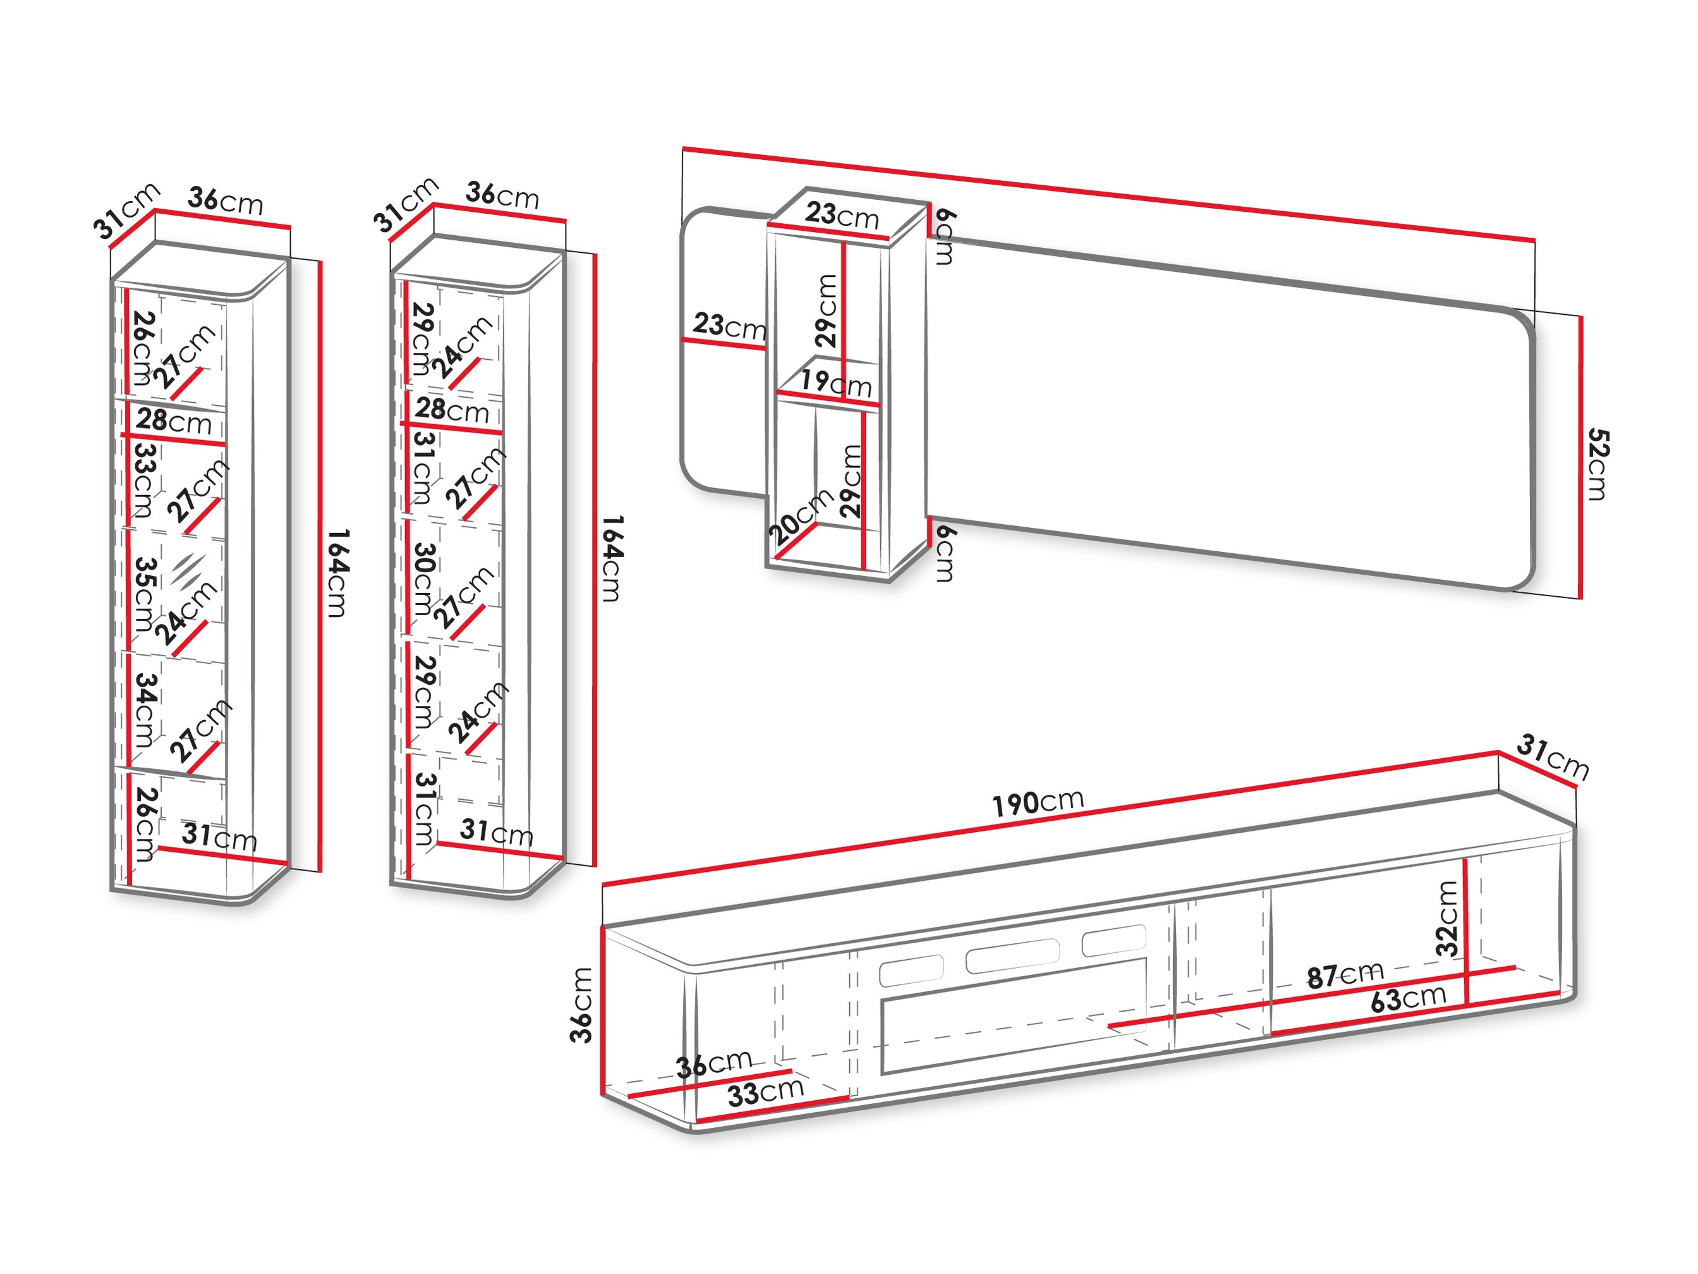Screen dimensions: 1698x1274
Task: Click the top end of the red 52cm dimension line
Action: point(1580,316)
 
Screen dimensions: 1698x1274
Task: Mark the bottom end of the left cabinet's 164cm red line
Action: point(319,872)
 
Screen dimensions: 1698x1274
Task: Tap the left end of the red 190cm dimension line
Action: point(603,885)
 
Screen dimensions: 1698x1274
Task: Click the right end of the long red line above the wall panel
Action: point(1534,240)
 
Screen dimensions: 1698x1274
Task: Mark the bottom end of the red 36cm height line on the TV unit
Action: point(603,1094)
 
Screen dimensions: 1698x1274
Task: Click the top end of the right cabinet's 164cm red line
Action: point(595,254)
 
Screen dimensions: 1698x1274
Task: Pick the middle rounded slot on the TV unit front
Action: point(1012,955)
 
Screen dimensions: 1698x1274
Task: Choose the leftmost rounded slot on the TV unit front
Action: point(911,971)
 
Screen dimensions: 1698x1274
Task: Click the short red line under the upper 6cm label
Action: point(930,221)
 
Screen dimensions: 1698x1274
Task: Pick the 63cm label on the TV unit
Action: point(1409,998)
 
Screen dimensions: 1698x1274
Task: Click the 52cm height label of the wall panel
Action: point(1598,464)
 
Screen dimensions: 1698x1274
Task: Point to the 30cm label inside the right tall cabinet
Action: point(424,579)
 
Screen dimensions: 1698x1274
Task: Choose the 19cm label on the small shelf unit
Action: point(836,383)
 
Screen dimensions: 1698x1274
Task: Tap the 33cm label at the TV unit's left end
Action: point(765,1092)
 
